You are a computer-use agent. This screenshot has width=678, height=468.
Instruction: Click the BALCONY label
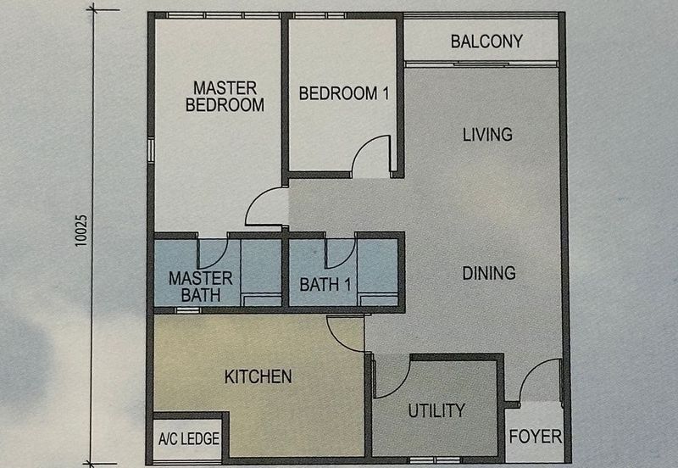(x=486, y=42)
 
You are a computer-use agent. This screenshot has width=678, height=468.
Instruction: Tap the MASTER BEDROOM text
(x=225, y=97)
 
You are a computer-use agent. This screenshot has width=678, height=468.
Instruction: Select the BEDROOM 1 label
(x=344, y=93)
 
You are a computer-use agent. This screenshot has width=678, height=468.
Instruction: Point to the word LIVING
(x=488, y=135)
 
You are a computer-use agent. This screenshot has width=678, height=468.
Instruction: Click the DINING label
(x=489, y=273)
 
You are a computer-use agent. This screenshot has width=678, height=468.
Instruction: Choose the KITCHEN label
(x=258, y=376)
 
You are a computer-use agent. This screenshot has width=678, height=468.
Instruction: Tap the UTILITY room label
(x=436, y=410)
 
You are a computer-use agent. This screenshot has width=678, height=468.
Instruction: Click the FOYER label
(x=536, y=437)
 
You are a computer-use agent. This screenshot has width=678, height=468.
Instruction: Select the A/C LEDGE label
(x=189, y=439)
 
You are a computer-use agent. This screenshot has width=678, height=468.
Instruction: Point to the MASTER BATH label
(x=201, y=287)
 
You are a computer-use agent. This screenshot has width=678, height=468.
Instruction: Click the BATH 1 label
(x=325, y=285)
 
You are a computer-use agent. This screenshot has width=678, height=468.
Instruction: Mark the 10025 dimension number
(x=81, y=231)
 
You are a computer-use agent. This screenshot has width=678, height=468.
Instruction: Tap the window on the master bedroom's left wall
(x=151, y=150)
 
